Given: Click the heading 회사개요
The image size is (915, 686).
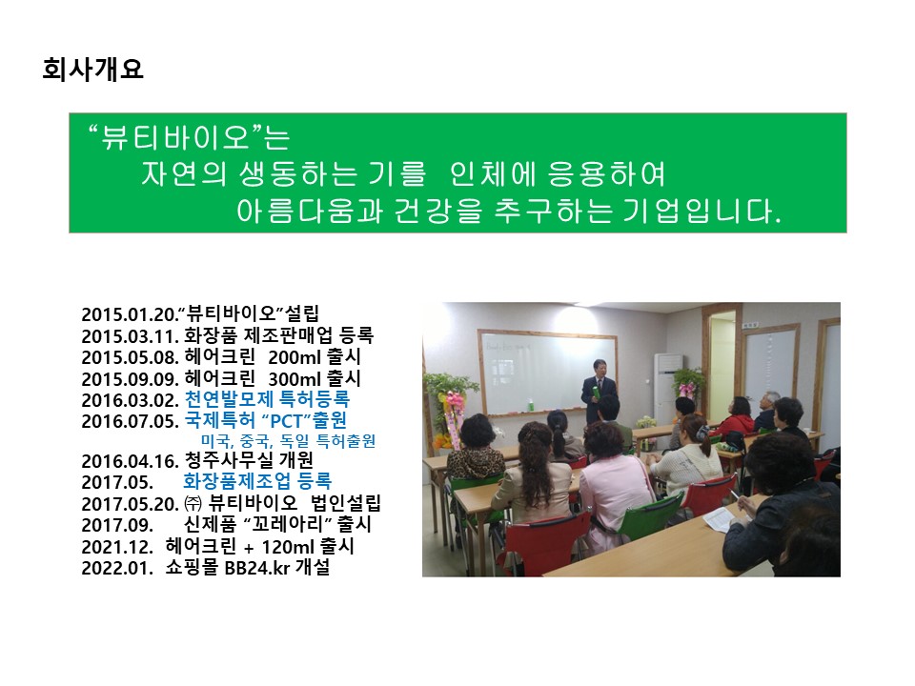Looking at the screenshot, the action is [92, 70].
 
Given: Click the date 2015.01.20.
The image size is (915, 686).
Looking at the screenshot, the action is [129, 315].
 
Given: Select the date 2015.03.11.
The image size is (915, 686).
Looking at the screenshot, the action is [131, 336].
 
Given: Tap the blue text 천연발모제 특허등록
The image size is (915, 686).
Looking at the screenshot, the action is [267, 399].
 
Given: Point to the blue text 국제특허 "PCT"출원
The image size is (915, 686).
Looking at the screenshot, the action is [266, 420].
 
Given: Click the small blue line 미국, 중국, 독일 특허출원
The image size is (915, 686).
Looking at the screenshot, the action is [288, 441].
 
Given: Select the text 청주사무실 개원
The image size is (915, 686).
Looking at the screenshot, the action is [249, 461].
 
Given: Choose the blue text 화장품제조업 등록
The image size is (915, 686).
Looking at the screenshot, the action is [257, 481].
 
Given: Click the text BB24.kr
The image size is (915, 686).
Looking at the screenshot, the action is [257, 568].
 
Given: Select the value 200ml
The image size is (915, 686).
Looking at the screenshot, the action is [295, 357].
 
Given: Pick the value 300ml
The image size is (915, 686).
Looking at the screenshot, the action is [295, 379].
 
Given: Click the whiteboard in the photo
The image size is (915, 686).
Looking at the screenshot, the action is [547, 373].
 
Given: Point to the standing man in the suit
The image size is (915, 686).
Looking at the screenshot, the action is [599, 391].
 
